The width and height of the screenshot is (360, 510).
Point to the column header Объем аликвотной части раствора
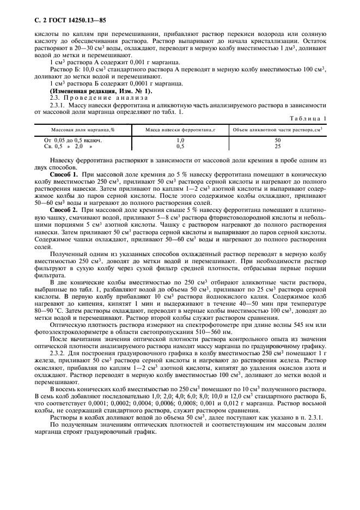tap(277, 130)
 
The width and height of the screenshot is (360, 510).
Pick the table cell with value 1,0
tap(181, 141)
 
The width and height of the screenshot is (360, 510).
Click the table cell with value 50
tap(277, 141)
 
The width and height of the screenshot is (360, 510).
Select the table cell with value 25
tap(277, 146)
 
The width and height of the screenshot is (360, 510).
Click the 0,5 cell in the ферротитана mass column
tap(181, 146)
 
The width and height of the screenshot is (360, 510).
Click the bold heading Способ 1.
tap(64, 172)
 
